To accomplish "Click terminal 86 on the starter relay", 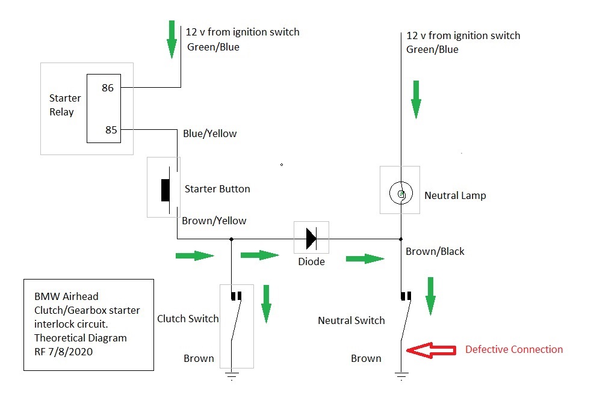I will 108,88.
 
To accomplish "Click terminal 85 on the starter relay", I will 111,129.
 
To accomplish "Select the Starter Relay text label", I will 65,105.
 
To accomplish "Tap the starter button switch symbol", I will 165,189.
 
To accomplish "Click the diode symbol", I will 311,238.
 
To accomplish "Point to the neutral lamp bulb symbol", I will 400,194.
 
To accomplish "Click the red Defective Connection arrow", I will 432,350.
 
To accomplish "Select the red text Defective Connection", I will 514,349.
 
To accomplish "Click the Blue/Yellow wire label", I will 209,133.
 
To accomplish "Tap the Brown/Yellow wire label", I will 214,221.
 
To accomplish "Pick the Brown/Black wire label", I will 435,251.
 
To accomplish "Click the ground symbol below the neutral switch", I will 401,376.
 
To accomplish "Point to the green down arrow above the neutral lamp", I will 415,100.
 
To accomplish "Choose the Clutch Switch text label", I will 188,319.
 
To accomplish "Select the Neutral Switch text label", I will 351,320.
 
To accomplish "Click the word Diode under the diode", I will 311,261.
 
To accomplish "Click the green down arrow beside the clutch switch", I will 267,304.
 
